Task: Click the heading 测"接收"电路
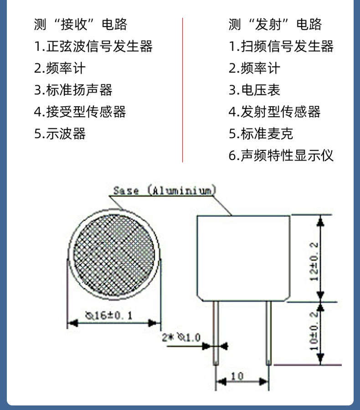click(x=81, y=24)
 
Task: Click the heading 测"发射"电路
click(x=275, y=24)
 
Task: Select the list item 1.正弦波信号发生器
click(x=93, y=46)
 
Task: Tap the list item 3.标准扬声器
click(x=73, y=90)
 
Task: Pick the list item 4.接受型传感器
click(x=80, y=112)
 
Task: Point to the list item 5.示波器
click(x=60, y=133)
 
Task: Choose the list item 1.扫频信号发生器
click(x=281, y=46)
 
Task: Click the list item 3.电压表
click(x=255, y=90)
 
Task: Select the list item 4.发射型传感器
click(x=275, y=112)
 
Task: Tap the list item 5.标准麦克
click(x=261, y=133)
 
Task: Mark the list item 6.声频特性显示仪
click(x=281, y=155)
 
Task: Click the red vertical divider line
click(x=182, y=90)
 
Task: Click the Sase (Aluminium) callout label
click(x=165, y=190)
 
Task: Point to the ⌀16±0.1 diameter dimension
click(x=109, y=315)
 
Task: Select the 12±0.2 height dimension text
click(x=314, y=261)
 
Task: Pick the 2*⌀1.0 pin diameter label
click(x=181, y=337)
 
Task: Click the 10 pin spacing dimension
click(x=237, y=376)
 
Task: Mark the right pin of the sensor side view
click(x=269, y=333)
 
